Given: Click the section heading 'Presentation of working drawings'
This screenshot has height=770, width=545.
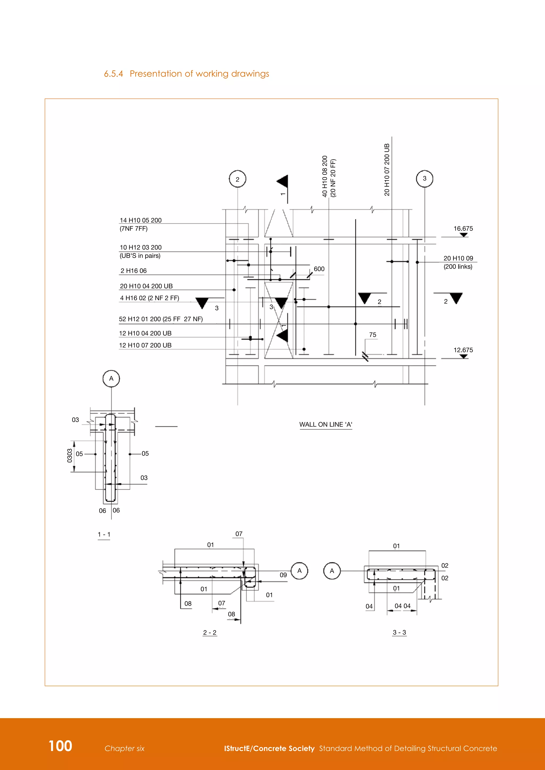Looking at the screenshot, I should (199, 74).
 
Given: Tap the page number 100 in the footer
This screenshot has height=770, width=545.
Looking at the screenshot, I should (60, 746).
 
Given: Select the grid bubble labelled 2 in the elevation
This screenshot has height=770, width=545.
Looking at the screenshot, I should (238, 179).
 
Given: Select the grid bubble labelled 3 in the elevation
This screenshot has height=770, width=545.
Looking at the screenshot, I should (424, 178).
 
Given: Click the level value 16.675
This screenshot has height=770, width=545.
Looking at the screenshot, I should (463, 228).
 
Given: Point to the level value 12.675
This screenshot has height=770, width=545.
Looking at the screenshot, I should (463, 350).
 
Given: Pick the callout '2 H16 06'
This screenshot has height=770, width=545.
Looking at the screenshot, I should (134, 271).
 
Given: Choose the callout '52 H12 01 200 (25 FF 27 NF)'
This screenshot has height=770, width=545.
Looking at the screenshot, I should (161, 319).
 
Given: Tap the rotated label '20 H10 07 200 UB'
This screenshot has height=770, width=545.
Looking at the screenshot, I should (387, 170).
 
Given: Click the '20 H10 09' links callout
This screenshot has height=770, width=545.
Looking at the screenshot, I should (458, 258).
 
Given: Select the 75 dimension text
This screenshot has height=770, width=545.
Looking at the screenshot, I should (373, 335).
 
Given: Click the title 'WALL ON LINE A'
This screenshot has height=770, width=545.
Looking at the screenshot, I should (325, 425).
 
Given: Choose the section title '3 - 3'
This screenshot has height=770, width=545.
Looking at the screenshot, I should (399, 633).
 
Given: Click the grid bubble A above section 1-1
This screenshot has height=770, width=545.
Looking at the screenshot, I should (111, 378).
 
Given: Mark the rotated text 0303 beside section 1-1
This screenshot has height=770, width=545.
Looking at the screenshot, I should (70, 455).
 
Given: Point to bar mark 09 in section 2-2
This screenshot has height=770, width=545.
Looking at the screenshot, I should (283, 575).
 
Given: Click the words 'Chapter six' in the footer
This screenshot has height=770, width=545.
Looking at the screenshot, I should (125, 748).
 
